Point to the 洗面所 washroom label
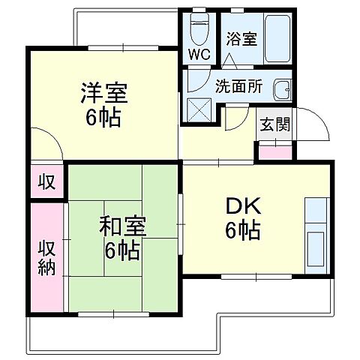click(x=238, y=85)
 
